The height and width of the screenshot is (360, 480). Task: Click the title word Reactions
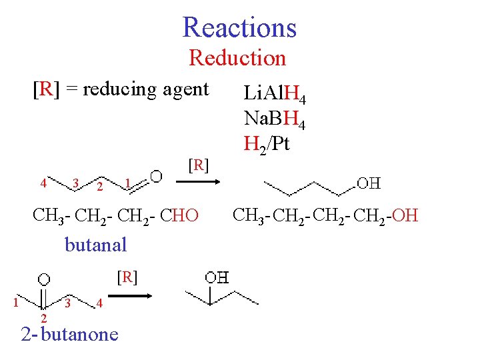(x=239, y=27)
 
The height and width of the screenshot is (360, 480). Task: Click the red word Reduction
(x=237, y=58)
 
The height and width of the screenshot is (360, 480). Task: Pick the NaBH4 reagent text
(x=275, y=119)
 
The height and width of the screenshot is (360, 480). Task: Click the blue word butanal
(x=95, y=245)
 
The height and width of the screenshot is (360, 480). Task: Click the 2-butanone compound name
(x=69, y=333)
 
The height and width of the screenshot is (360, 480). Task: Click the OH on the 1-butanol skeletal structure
(x=369, y=182)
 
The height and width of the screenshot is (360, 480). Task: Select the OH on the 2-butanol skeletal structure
(x=216, y=277)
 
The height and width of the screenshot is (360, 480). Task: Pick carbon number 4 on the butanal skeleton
(x=43, y=183)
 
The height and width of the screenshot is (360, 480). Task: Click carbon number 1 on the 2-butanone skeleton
(x=15, y=304)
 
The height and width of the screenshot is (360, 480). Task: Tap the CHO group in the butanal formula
(x=180, y=215)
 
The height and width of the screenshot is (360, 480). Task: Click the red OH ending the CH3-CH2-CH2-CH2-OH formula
(x=405, y=215)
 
